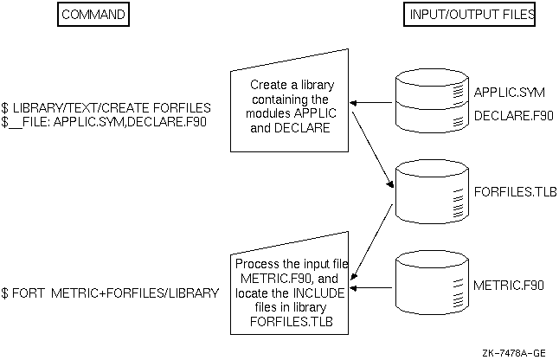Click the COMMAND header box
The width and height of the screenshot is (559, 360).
click(92, 16)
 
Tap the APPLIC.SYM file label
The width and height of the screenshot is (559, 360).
click(502, 93)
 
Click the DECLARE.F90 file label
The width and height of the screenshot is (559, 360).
click(508, 116)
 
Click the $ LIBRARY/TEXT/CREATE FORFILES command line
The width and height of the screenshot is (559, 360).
click(106, 107)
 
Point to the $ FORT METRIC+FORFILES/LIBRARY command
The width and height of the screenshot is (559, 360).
click(110, 294)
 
